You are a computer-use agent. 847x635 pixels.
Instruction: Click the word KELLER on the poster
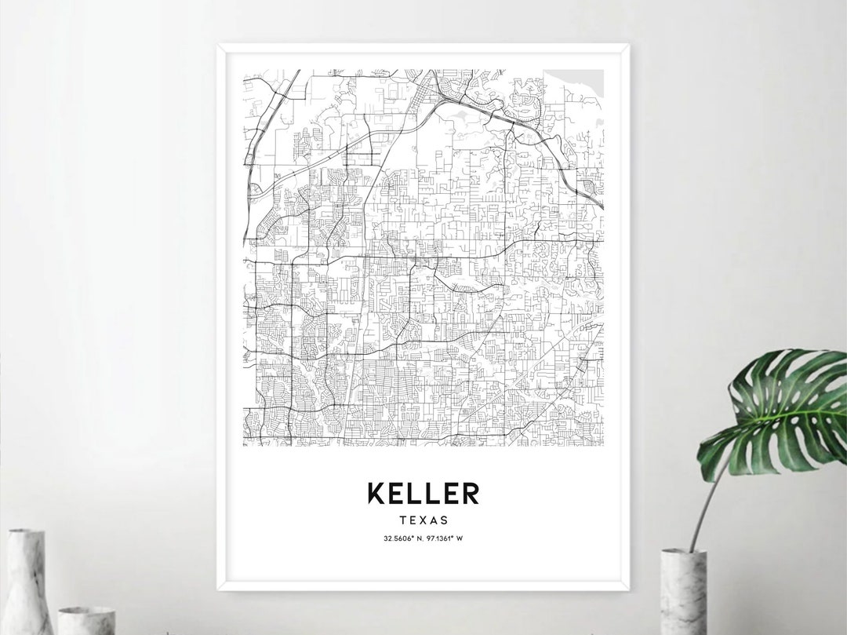pos(423,493)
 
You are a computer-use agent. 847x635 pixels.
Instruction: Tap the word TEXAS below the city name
pos(423,520)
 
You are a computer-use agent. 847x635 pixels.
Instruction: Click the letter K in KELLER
pos(376,493)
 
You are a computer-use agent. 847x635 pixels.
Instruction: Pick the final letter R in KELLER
pos(471,493)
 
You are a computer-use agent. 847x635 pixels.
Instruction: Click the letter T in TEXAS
pos(402,520)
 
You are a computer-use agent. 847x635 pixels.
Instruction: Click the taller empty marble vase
pos(27,585)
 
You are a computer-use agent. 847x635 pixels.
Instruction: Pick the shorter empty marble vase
pos(86,620)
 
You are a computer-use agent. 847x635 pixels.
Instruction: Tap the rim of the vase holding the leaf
pos(683,553)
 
